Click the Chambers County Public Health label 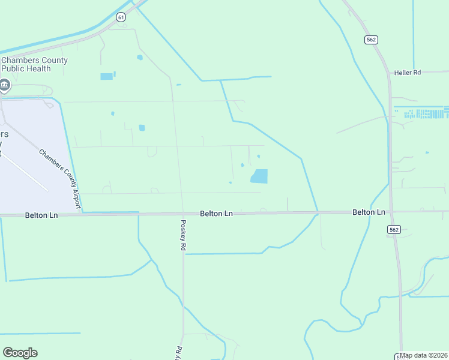34,64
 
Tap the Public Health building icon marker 5,85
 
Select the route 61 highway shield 122,17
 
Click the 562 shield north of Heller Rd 370,39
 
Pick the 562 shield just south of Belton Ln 394,229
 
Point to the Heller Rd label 408,73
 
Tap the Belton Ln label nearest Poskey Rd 216,214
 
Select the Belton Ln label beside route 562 369,212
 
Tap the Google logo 20,353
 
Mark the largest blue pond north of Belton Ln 259,176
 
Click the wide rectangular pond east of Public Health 106,76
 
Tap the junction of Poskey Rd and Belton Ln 181,214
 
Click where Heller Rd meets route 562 389,73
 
